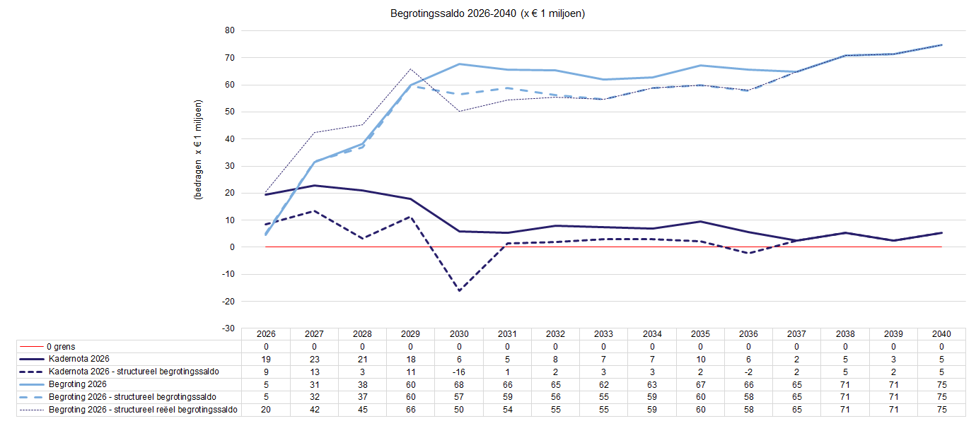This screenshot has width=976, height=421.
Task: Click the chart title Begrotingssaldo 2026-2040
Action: click(487, 13)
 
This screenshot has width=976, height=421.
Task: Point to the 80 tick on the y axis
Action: click(229, 30)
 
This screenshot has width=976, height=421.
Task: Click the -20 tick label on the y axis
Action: click(228, 302)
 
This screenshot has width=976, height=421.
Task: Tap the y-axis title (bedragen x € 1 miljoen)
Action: click(199, 149)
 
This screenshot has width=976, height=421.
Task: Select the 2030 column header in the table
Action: click(459, 334)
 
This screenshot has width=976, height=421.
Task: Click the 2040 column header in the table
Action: click(941, 334)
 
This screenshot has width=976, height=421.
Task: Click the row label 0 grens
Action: click(62, 347)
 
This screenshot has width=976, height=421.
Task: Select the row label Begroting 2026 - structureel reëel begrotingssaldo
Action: click(142, 409)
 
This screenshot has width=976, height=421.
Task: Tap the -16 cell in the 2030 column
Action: click(459, 372)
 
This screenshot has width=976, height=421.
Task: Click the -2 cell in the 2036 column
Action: click(748, 372)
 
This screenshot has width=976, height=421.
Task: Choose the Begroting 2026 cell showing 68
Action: click(459, 384)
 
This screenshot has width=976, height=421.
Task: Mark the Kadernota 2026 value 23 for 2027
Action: click(314, 359)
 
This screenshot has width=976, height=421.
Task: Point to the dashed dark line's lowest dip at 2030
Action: click(459, 290)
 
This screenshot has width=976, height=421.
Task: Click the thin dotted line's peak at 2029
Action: click(411, 69)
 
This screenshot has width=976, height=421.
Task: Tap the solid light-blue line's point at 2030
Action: click(459, 64)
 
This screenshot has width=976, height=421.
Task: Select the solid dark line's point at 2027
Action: click(314, 185)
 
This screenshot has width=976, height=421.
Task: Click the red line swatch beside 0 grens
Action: click(32, 347)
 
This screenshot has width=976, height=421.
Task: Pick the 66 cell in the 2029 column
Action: click(411, 409)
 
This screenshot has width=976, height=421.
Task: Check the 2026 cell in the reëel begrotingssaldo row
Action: click(266, 409)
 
